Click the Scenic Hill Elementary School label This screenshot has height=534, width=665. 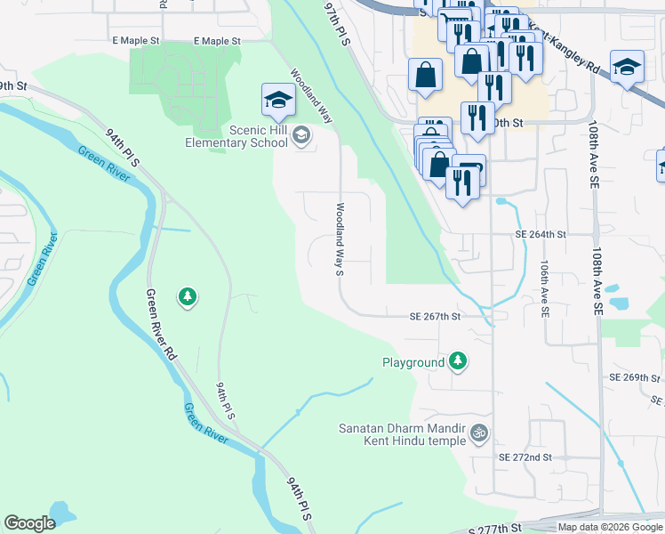pos(236,136)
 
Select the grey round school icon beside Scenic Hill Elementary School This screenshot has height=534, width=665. pos(300,136)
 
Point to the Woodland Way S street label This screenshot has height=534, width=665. pos(339,239)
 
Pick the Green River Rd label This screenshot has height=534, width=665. pos(160,325)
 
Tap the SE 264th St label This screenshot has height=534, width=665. pos(541,235)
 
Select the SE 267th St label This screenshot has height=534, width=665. pos(435,316)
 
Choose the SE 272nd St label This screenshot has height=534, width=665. pos(525,457)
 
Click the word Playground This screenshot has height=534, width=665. pos(413,362)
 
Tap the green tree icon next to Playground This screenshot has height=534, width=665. pos(458,360)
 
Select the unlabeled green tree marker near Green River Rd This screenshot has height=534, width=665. pos(188,296)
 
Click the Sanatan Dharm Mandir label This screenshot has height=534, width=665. pos(403,427)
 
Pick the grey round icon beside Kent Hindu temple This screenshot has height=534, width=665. pos(479,433)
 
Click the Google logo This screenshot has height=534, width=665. pos(29,523)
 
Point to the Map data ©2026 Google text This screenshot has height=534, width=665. pos(610,527)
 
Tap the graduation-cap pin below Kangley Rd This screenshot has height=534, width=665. pos(627,69)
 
